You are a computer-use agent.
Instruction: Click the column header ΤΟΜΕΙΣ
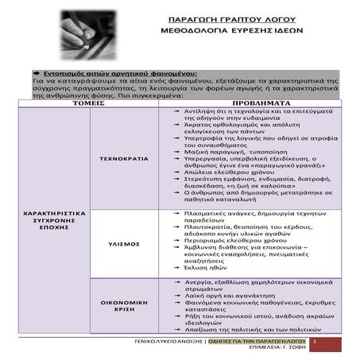pos(88,104)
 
